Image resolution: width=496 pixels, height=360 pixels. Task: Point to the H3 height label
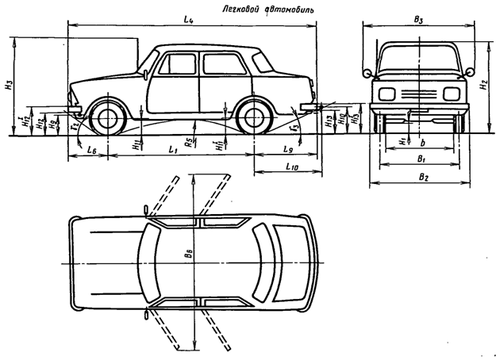pyautogui.click(x=8, y=84)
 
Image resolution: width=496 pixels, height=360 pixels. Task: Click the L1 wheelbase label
pyautogui.click(x=171, y=148)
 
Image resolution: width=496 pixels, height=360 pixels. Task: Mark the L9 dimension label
pyautogui.click(x=290, y=148)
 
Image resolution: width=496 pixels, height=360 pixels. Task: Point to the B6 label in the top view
pyautogui.click(x=186, y=256)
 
